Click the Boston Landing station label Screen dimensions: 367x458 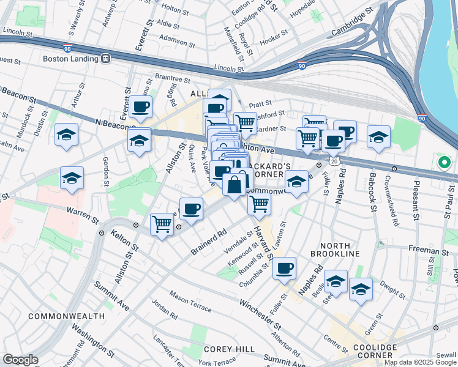point(71,59)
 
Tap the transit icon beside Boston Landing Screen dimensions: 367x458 point(106,59)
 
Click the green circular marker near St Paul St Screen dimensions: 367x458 point(444,163)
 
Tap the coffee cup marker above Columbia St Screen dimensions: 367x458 point(284,267)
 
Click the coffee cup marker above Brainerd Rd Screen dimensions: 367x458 point(191,209)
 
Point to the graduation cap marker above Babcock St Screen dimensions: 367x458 point(379,136)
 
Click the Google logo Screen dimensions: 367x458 point(20,360)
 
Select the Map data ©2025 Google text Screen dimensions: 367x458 point(420,362)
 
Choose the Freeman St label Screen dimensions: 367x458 point(429,251)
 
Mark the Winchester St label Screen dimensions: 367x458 point(260,312)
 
